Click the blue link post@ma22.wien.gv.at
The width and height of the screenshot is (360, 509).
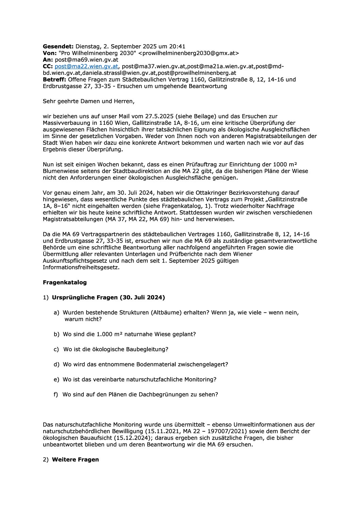point(86,66)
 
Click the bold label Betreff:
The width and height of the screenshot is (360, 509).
point(54,80)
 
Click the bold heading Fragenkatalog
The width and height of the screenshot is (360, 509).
point(65,283)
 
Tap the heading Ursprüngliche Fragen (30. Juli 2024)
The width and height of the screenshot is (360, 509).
point(108,298)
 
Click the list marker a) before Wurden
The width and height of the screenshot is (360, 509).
point(56,312)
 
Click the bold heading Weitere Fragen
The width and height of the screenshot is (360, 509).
point(75,460)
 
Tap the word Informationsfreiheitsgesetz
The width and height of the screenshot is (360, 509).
point(80,267)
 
